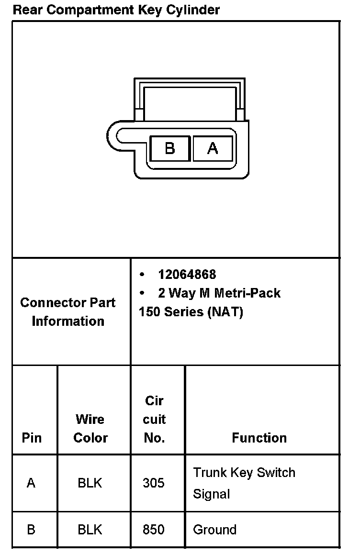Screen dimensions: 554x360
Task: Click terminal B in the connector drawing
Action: point(170,148)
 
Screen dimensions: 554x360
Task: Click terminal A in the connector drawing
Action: point(213,148)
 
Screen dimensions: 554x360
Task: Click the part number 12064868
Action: point(187,274)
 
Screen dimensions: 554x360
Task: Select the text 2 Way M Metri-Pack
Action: point(219,293)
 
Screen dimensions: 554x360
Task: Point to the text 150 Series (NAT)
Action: point(191,312)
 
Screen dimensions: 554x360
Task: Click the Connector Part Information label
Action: point(68,311)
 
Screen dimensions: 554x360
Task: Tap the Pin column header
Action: point(32,438)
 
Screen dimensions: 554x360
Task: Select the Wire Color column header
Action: point(90,428)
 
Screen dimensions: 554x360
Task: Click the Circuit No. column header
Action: point(154,419)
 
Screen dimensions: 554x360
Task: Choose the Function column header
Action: point(259,438)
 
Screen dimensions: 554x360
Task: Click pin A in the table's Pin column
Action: point(31,483)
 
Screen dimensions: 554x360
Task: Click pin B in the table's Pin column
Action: point(31,530)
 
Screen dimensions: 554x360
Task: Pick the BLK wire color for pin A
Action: point(90,483)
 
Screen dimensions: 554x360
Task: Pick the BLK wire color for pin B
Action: point(90,530)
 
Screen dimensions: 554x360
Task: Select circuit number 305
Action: point(154,483)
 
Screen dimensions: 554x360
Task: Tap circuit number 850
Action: point(154,530)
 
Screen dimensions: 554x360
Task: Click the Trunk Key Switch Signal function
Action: point(244,483)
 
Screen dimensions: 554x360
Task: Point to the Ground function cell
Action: point(214,530)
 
